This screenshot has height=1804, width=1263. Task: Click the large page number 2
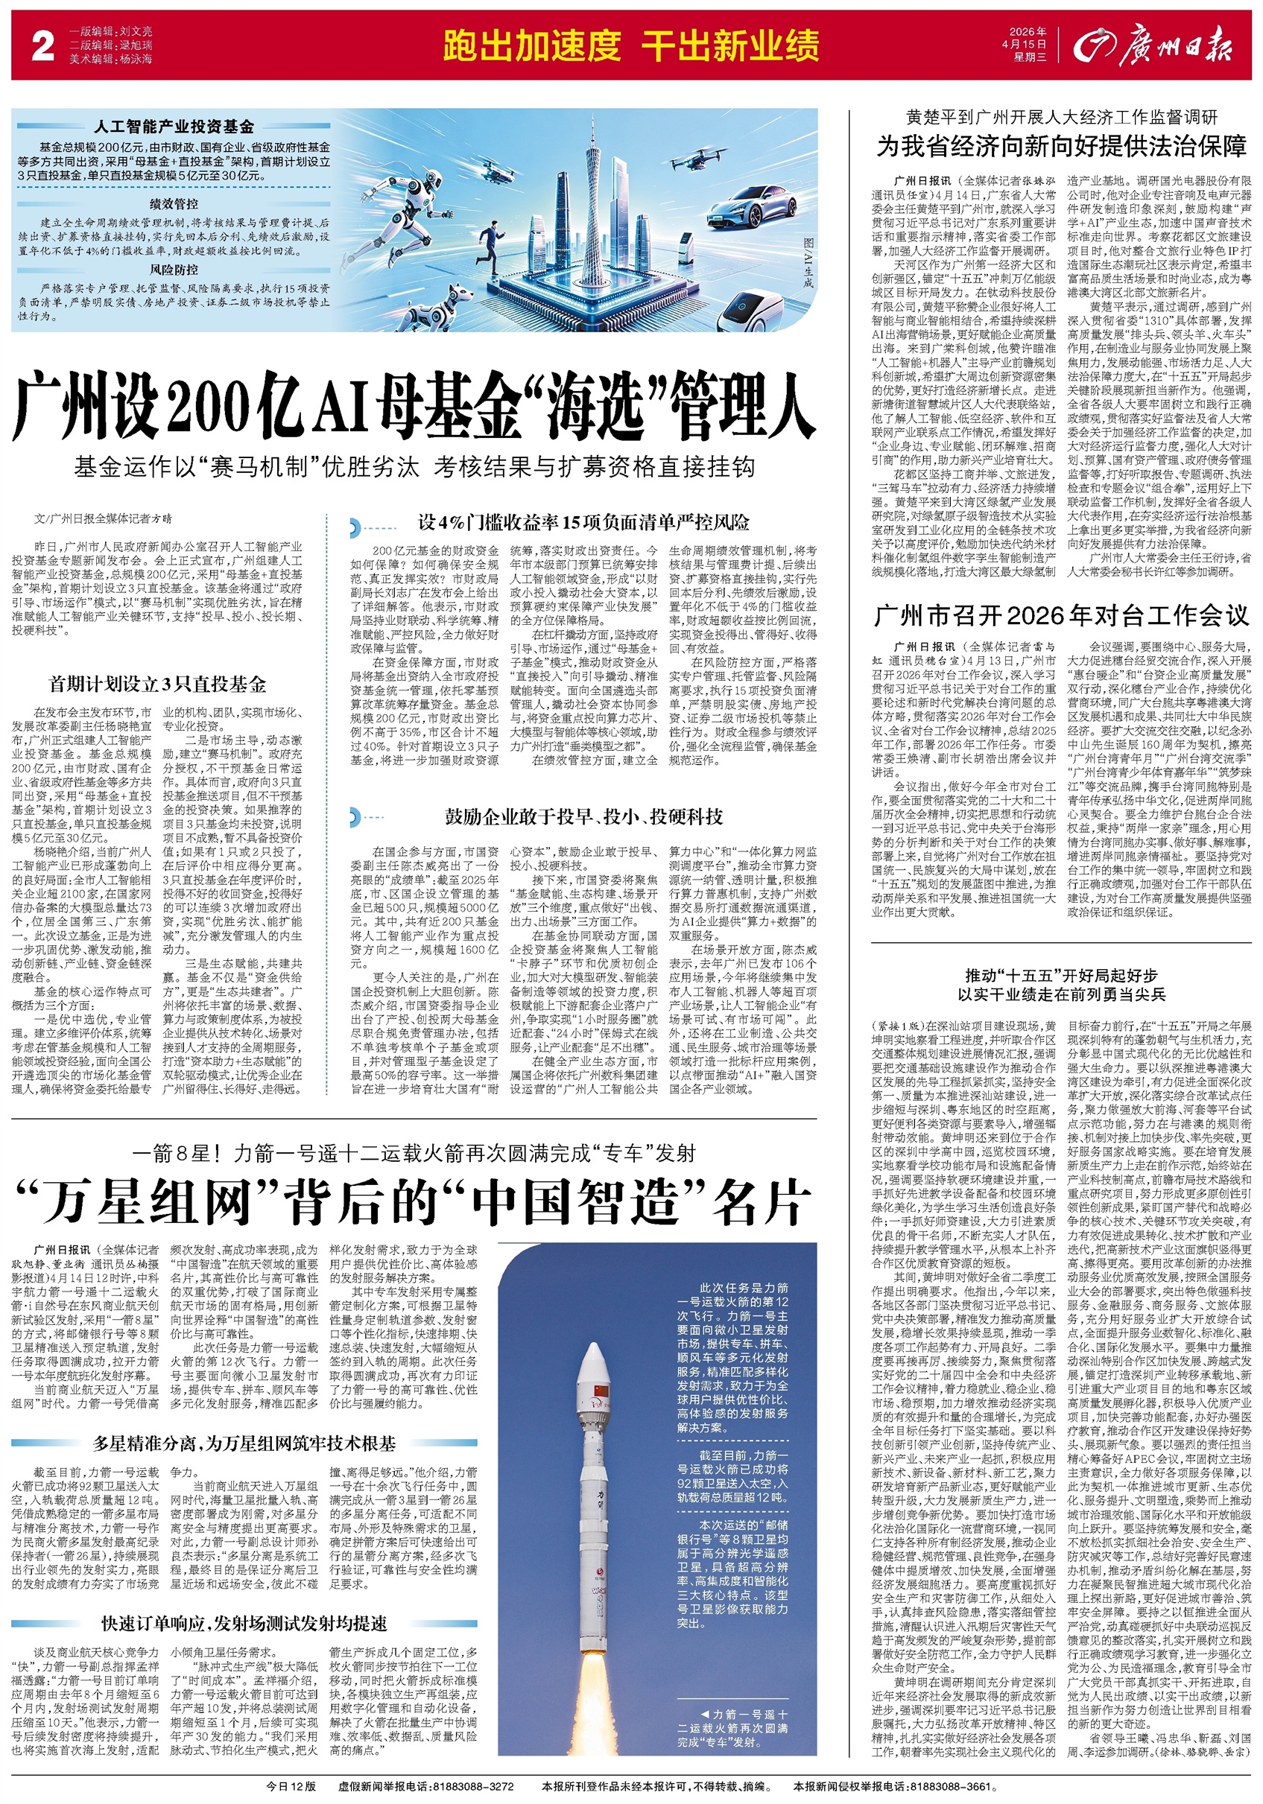[42, 46]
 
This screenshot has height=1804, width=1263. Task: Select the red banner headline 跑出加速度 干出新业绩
[630, 46]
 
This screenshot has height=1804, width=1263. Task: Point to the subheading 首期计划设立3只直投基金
[157, 684]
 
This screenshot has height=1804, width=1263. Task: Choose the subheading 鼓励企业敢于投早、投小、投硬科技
[583, 816]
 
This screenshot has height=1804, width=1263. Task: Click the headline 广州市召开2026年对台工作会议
[1060, 616]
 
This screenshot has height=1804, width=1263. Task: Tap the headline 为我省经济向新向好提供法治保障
[1061, 146]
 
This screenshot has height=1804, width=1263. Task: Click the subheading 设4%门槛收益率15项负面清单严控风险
[583, 522]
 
